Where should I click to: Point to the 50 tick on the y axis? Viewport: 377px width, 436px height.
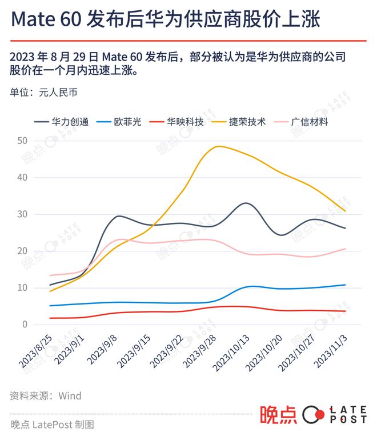(x=23, y=141)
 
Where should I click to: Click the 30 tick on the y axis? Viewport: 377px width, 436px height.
(x=23, y=214)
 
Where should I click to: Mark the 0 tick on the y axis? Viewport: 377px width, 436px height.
(x=25, y=325)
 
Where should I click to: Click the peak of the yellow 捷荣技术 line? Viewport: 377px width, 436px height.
(x=218, y=146)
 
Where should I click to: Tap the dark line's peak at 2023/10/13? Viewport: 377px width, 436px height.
(x=246, y=203)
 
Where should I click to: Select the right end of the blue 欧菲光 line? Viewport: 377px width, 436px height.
(x=346, y=285)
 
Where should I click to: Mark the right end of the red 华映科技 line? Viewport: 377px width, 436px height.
(x=346, y=311)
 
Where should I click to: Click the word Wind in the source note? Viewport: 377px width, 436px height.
(x=70, y=395)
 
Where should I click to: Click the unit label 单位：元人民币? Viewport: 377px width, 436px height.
(x=43, y=92)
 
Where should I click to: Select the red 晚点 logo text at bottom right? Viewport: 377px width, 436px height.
(x=278, y=415)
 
